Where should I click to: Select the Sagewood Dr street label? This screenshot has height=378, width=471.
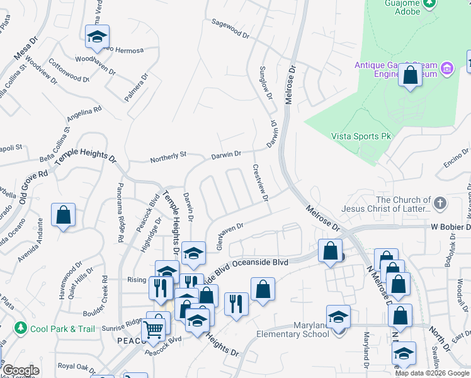[231, 28]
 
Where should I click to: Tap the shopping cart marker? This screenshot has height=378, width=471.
[154, 328]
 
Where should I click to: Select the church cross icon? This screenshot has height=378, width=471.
[440, 203]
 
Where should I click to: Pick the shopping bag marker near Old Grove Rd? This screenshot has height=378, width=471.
[64, 215]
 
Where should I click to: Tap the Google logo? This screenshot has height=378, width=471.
[21, 370]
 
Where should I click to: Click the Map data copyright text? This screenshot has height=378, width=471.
[432, 373]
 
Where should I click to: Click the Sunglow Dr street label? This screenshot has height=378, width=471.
[266, 82]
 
